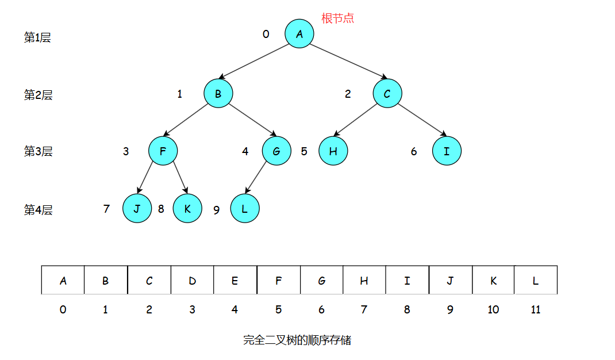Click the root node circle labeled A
299,34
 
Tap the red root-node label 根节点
337,18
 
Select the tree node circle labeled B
218,94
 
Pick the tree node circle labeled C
387,94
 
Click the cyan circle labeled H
333,151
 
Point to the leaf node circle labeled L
245,209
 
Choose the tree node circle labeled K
187,209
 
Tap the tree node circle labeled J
137,209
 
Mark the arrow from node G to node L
257,178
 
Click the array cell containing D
192,280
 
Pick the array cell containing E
235,280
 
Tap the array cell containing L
536,280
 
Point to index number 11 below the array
536,309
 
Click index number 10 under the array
493,309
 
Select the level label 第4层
38,210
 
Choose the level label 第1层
37,38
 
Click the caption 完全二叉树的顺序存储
297,340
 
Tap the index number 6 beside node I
414,152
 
